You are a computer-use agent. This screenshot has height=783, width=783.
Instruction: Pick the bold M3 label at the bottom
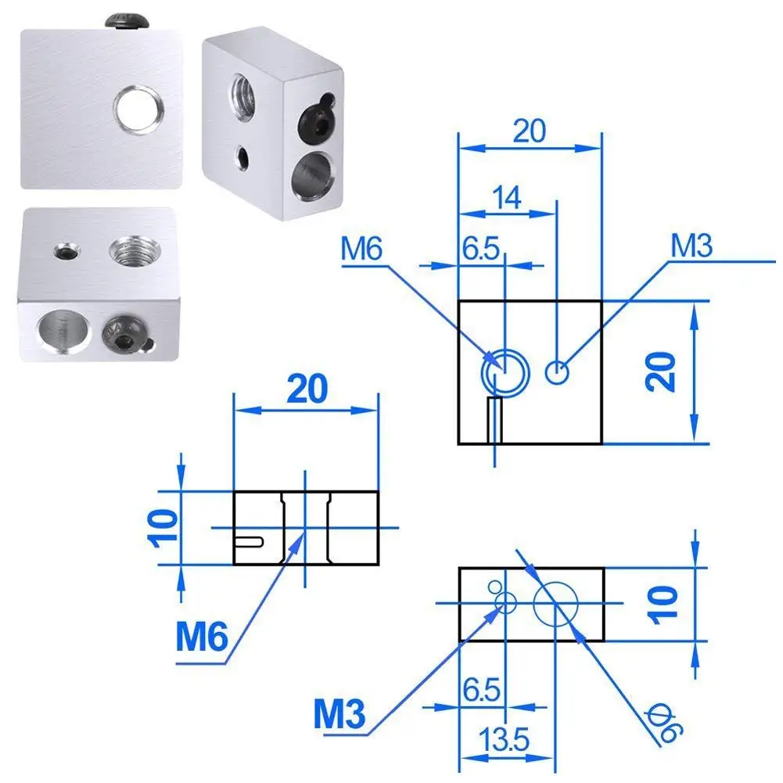coord(342,713)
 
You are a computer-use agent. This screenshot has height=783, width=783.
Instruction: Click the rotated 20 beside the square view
coord(663,372)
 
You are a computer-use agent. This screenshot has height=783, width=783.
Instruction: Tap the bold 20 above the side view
coord(306,389)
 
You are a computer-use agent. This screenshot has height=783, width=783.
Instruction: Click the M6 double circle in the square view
coord(505,369)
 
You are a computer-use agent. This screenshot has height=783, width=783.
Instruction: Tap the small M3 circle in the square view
coord(557,373)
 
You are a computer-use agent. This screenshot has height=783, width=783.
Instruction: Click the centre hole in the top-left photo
coord(137,109)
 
